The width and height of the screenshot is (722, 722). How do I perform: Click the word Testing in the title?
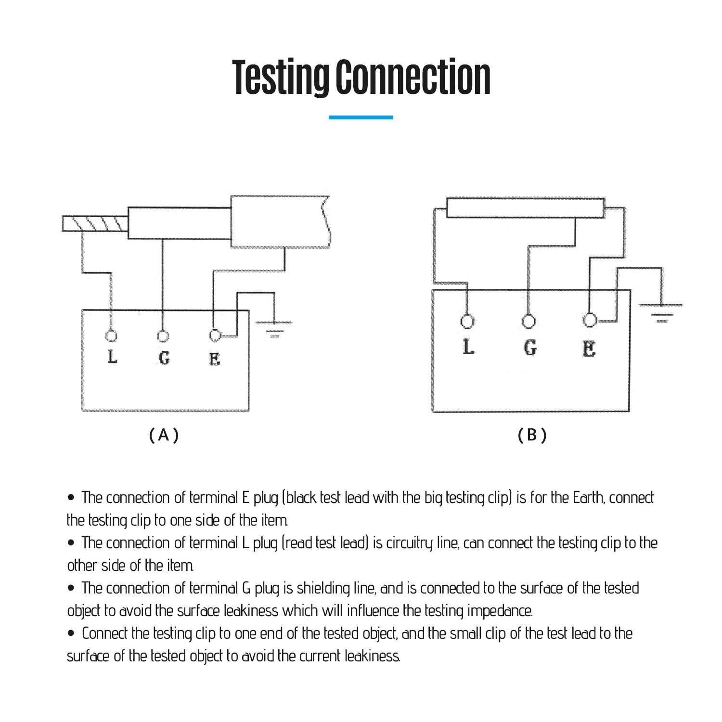(x=280, y=77)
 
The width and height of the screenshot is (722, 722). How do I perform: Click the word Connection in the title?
(x=413, y=77)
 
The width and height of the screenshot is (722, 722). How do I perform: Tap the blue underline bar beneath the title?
(x=361, y=117)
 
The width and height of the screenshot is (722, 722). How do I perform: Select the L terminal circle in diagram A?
(x=112, y=336)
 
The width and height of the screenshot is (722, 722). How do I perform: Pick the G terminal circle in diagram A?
(x=163, y=335)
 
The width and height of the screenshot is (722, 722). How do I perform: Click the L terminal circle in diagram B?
(x=467, y=321)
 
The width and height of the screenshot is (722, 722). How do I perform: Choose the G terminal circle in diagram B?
(x=529, y=321)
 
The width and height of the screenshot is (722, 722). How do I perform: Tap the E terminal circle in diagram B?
(x=590, y=320)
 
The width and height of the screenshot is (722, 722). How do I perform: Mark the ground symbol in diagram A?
(x=274, y=327)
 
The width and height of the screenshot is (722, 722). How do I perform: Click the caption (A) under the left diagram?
(x=164, y=435)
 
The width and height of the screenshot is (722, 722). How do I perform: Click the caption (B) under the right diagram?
(x=532, y=435)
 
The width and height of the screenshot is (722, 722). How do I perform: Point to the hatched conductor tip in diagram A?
(x=95, y=224)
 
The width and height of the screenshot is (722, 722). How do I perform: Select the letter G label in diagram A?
(x=164, y=358)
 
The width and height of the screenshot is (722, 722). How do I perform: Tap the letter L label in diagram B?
(x=468, y=347)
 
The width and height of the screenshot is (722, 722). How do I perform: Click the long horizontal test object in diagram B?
(x=525, y=207)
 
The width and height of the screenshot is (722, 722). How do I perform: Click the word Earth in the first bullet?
(x=587, y=498)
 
